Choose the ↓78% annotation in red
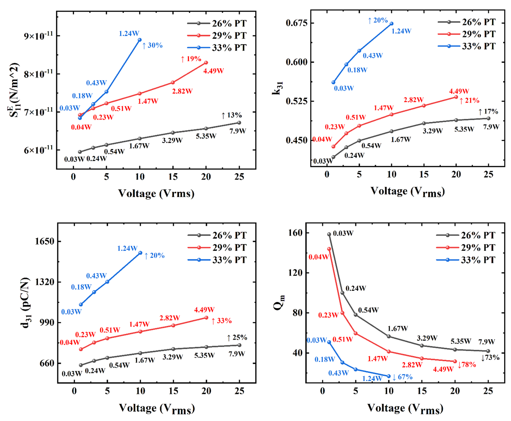467,365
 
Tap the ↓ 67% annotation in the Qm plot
403,377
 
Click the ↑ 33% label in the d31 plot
221,321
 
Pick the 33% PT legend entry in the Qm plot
473,260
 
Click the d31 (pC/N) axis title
24,302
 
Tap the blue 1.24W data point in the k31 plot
391,23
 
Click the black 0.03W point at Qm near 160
329,234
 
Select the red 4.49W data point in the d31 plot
206,318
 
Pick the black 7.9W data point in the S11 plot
239,122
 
